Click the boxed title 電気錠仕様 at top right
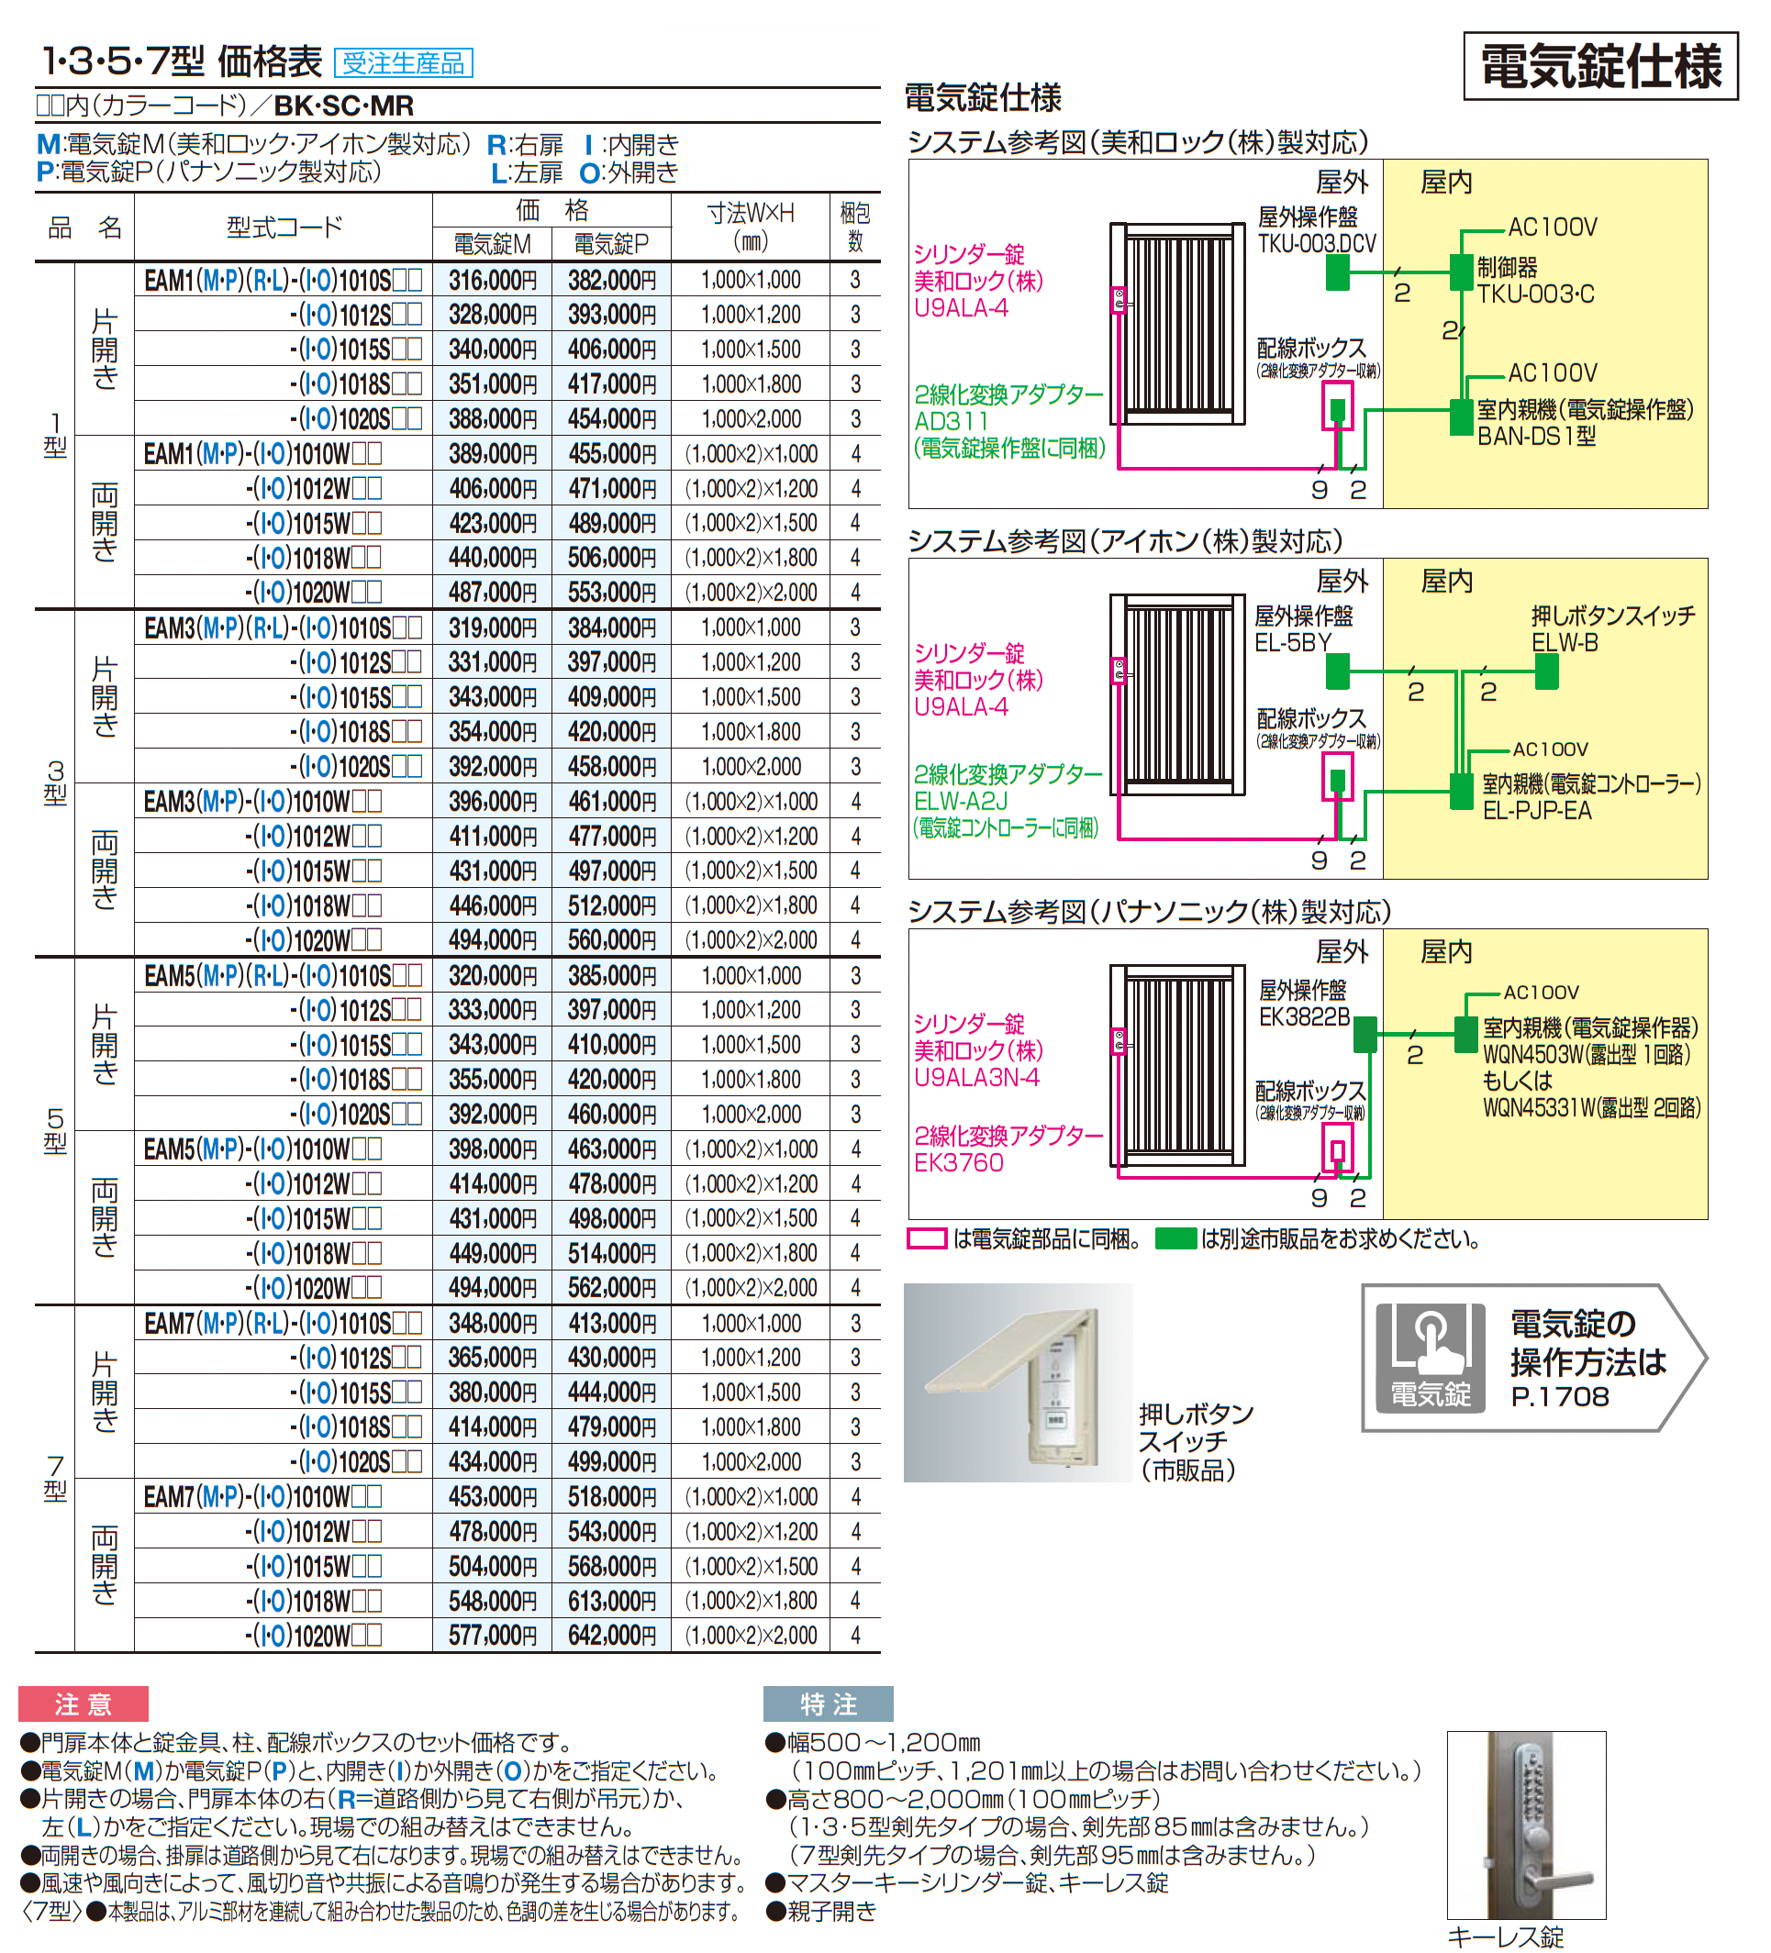click(x=1600, y=67)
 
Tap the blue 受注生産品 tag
click(x=403, y=63)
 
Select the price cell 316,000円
click(x=492, y=280)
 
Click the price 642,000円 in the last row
click(x=611, y=1636)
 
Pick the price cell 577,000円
click(x=492, y=1636)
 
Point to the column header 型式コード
click(x=284, y=227)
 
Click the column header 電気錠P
click(x=610, y=244)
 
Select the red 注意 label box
click(x=84, y=1704)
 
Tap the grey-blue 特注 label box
click(x=829, y=1704)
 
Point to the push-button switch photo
click(x=1018, y=1382)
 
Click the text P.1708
click(x=1559, y=1397)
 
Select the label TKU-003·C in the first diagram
click(x=1535, y=294)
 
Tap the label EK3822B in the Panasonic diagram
click(x=1304, y=1017)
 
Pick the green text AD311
click(x=952, y=421)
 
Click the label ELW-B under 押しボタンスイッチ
click(x=1565, y=642)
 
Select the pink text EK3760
click(x=958, y=1162)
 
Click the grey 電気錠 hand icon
click(x=1430, y=1356)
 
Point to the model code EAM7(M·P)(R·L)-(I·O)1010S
click(x=281, y=1324)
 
